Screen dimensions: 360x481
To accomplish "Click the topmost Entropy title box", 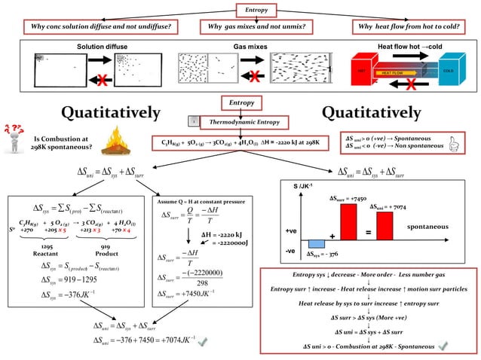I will pyautogui.click(x=251, y=9).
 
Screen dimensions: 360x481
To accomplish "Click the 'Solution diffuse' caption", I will pyautogui.click(x=103, y=47).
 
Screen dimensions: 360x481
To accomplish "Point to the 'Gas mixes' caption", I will pyautogui.click(x=251, y=47).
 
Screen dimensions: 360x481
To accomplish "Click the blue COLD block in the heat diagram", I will pyautogui.click(x=448, y=71).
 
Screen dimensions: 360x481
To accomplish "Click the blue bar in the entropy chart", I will pyautogui.click(x=317, y=243).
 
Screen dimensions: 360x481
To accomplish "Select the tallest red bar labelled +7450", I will pyautogui.click(x=348, y=221).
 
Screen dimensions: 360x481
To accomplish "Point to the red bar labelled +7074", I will pyautogui.click(x=384, y=224).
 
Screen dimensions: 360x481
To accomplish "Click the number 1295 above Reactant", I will pyautogui.click(x=46, y=247).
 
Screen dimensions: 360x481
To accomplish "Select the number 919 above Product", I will pyautogui.click(x=106, y=247).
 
